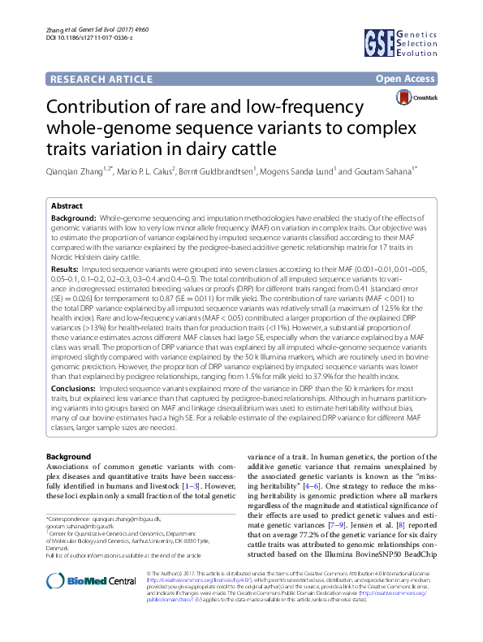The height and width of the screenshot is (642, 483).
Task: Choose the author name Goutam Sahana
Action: click(389, 172)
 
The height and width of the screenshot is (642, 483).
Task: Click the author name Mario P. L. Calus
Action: click(142, 172)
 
